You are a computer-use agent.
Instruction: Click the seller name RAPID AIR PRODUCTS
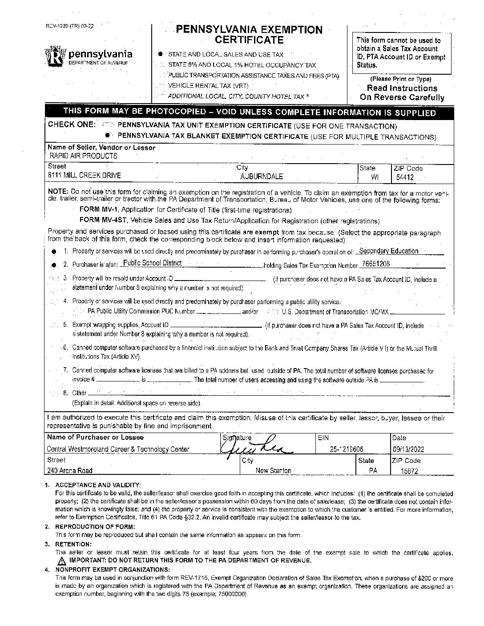[83, 156]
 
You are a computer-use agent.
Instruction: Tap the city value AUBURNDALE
[262, 176]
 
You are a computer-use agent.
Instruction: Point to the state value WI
[375, 177]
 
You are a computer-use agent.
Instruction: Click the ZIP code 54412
[405, 177]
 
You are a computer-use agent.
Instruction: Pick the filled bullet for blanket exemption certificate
[107, 135]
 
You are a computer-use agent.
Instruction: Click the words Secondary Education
[388, 251]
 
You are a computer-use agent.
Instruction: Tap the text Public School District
[152, 263]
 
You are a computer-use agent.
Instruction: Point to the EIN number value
[345, 449]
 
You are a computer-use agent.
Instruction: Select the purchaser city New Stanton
[273, 470]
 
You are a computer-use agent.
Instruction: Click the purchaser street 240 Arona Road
[70, 470]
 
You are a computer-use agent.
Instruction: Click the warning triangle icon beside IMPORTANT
[61, 561]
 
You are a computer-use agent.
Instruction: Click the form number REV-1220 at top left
[62, 25]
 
